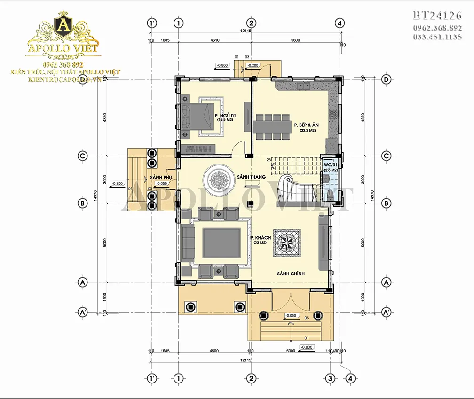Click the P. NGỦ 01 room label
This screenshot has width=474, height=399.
[x=225, y=116]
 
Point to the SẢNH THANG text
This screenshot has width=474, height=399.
[x=252, y=177]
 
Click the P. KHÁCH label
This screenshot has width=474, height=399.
[x=259, y=238]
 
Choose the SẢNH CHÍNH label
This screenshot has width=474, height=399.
[x=291, y=274]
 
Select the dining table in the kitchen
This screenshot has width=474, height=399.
[x=271, y=126]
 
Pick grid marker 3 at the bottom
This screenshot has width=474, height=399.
[x=331, y=378]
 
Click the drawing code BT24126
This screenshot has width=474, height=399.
[x=437, y=15]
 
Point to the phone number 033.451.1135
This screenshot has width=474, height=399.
[x=437, y=37]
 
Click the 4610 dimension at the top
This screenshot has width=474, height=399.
[x=214, y=41]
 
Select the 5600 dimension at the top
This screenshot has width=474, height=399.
[x=295, y=41]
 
